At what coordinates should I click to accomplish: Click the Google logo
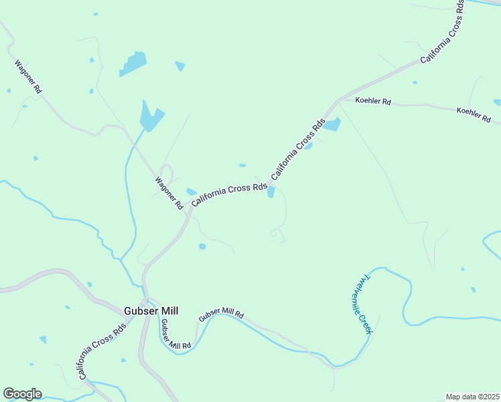click(x=22, y=394)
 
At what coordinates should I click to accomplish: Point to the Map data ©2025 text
click(x=472, y=397)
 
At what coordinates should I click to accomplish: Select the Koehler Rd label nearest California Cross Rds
click(x=373, y=101)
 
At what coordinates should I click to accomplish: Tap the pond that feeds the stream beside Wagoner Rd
click(x=151, y=117)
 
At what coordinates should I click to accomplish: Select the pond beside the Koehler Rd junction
click(x=333, y=125)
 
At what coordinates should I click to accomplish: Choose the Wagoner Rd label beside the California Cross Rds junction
click(x=169, y=193)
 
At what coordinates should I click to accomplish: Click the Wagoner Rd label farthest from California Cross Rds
click(x=29, y=77)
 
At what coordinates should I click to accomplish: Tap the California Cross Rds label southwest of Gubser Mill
click(x=102, y=351)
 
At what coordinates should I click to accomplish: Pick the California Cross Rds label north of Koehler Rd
click(x=443, y=32)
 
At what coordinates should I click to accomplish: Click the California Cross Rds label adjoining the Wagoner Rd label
click(x=229, y=195)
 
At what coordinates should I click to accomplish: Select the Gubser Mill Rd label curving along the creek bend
click(x=175, y=334)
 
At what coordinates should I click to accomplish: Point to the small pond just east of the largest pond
click(x=180, y=66)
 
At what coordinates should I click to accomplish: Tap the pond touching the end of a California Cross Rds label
click(x=271, y=192)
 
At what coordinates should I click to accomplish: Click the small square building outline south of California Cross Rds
click(x=273, y=233)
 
